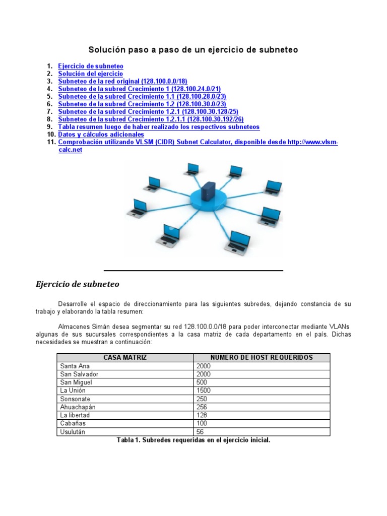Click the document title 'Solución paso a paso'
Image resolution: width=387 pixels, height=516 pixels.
point(193,50)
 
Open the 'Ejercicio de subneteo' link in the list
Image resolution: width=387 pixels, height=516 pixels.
point(91,66)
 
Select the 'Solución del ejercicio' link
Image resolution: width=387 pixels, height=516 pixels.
point(90,74)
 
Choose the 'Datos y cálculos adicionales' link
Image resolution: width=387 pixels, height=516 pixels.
point(101,135)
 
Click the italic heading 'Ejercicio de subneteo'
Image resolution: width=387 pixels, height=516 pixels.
point(78,284)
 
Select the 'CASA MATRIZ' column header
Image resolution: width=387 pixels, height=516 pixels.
point(125,357)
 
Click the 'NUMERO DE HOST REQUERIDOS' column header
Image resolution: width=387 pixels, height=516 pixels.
point(262,357)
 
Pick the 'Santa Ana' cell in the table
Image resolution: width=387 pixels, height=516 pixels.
point(73,366)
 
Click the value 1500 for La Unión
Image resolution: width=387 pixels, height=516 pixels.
point(204,391)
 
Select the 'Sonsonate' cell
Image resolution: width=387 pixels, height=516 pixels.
point(75,399)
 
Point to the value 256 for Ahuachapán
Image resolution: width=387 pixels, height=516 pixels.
point(202,407)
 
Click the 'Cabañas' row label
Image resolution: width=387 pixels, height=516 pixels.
point(73,423)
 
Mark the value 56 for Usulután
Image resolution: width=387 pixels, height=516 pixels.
point(200,431)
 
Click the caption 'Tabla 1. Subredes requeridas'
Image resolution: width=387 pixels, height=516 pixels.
point(193,440)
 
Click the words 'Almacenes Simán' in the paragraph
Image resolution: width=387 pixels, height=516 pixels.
point(81,326)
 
